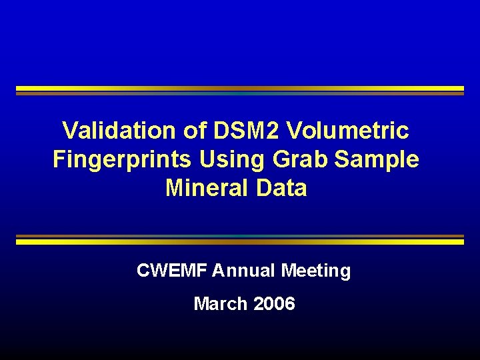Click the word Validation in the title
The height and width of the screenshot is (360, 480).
(x=121, y=131)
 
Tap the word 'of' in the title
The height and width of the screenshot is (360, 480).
(x=196, y=131)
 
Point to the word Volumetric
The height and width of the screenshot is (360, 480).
(x=348, y=131)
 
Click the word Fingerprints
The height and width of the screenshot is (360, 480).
(x=124, y=160)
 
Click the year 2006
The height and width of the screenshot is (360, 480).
(x=274, y=304)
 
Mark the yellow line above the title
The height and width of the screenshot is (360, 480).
(x=240, y=88)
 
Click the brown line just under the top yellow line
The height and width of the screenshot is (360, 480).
(x=240, y=93)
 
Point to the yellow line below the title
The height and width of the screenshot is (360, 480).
(x=240, y=242)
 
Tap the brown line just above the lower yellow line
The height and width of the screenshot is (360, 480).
(x=240, y=236)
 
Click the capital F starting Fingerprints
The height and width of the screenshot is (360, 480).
(x=59, y=160)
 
